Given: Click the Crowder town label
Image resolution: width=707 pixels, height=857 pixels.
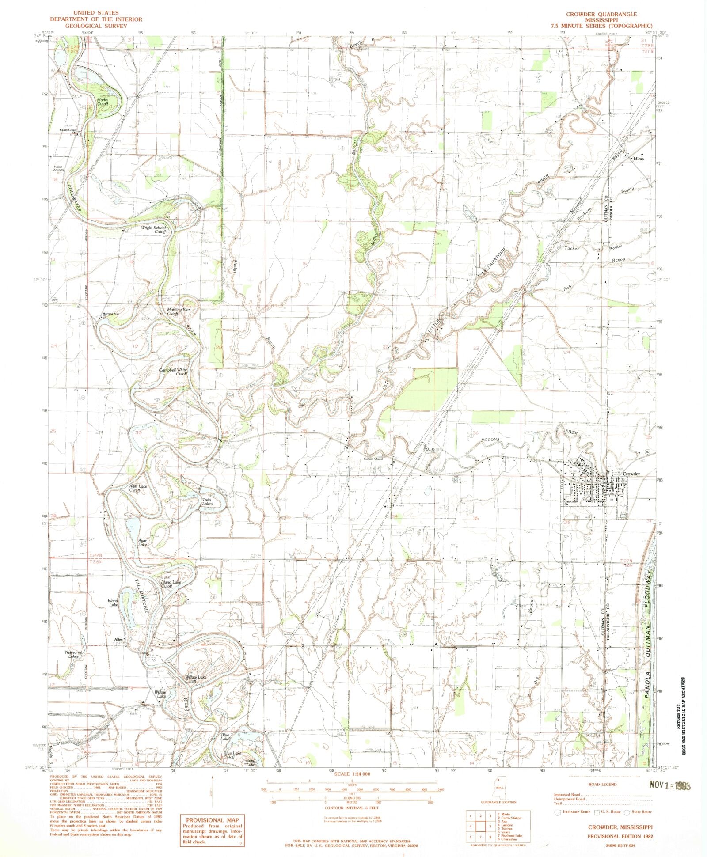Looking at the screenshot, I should [631, 474].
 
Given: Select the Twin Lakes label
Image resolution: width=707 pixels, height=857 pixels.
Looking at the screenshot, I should [207, 502].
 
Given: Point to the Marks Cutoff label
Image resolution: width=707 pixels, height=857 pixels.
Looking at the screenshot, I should [103, 102].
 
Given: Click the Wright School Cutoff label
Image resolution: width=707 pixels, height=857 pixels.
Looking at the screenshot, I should [153, 230].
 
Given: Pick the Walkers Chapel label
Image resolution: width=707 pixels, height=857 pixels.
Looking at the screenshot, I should [373, 459].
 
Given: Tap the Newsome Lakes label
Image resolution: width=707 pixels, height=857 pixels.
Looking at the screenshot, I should [73, 654].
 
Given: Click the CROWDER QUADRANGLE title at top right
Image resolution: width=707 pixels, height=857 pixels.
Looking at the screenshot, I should [601, 15].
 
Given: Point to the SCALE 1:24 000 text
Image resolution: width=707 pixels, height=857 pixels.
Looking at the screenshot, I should [352, 774].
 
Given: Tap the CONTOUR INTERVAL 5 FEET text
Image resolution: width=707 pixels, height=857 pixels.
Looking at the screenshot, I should [352, 808].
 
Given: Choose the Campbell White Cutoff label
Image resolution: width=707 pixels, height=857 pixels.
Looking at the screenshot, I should [175, 372].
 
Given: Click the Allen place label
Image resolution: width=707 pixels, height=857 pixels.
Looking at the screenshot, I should [118, 639].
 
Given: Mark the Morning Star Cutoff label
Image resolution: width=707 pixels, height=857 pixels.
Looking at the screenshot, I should [179, 311].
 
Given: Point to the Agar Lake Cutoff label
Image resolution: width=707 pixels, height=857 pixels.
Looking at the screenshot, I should [138, 488].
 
